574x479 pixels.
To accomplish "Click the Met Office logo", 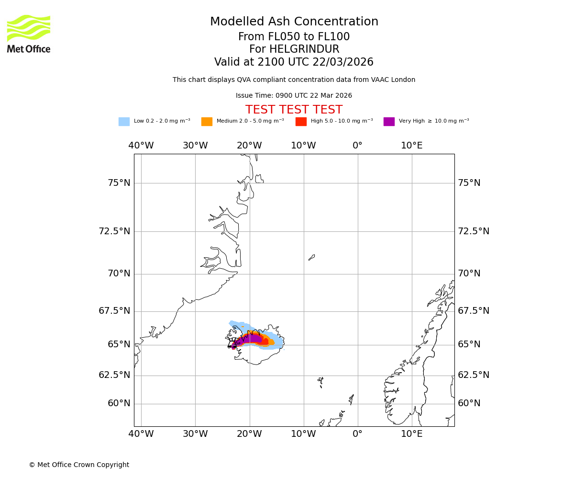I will coord(29,34).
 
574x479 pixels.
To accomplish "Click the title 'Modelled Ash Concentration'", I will coord(294,22).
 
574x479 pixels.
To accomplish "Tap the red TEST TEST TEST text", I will coord(294,110).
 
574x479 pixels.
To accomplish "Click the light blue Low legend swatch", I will coord(124,122).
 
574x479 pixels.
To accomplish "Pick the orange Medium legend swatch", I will coord(207,122).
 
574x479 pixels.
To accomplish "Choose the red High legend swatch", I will coord(301,122).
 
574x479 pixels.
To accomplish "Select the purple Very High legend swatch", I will coord(389,122).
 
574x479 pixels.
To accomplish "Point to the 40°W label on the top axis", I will coord(141,146).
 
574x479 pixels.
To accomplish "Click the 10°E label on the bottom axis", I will coord(411,434).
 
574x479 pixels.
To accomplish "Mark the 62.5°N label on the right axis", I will coord(474,375).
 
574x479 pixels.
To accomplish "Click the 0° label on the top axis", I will coord(357,146).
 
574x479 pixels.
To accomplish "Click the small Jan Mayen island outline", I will coord(311,257).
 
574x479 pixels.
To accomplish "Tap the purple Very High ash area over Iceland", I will coord(251,339).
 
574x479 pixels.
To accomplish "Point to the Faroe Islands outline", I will coord(320,381).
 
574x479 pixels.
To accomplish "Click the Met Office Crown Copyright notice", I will coord(79,465).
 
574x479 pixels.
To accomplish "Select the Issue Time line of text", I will coord(294,96).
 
